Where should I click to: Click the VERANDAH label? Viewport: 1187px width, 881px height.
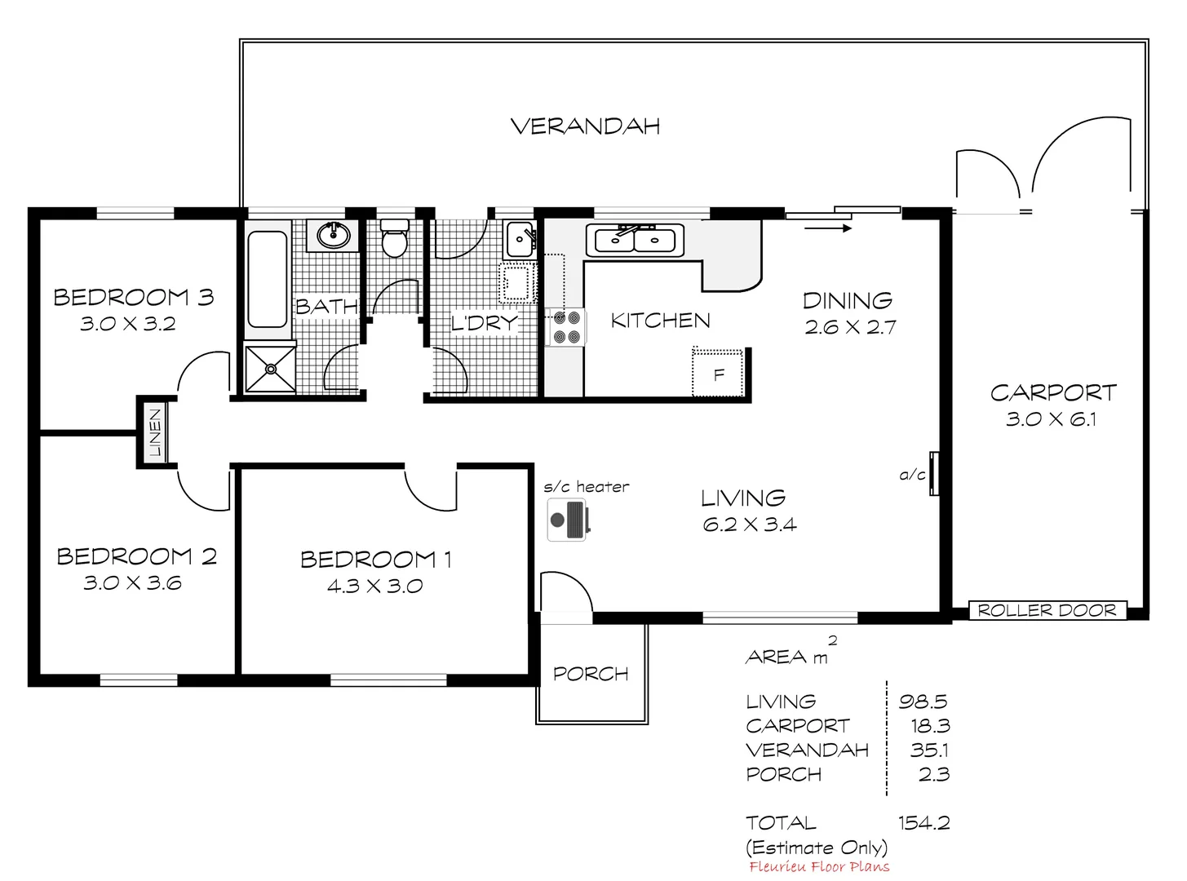coord(585,126)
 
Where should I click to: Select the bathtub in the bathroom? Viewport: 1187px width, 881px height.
coord(267,279)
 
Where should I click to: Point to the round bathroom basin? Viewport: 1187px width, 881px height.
coord(333,236)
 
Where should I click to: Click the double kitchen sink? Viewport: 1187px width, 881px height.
coord(635,241)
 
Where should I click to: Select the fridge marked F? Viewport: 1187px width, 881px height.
coord(719,374)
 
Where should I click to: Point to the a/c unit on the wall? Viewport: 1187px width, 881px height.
coord(935,473)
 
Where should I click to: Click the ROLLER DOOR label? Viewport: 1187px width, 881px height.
coord(1047,610)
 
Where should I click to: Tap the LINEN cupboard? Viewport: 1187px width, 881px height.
coord(155,432)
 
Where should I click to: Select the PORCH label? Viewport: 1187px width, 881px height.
coord(591,674)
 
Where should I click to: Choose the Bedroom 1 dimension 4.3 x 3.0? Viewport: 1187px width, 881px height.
coord(374,586)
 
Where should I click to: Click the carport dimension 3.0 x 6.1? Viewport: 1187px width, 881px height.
coord(1052,420)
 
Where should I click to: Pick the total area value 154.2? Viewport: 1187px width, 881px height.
coord(923,822)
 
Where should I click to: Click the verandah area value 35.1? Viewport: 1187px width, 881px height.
coord(929,750)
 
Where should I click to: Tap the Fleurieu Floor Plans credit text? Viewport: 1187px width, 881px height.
coord(818,867)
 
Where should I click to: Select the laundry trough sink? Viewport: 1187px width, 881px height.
coord(520,239)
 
